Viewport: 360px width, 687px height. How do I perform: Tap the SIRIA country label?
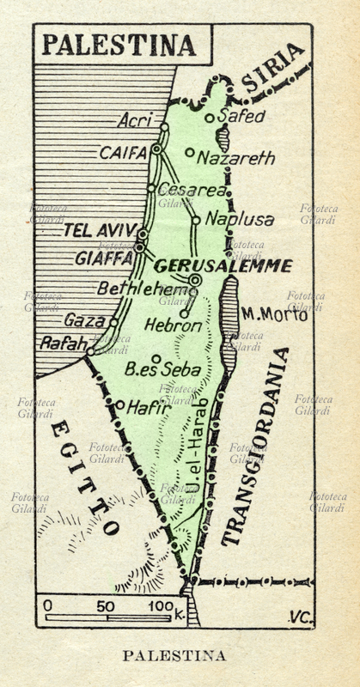273,68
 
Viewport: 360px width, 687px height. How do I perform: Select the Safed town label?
242,116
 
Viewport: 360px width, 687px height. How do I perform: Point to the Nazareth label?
235,158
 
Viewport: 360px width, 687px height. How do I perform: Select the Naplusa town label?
240,220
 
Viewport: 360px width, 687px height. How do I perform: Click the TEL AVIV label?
98,229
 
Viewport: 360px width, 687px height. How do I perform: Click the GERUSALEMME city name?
223,265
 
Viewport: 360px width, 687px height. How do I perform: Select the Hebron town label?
173,325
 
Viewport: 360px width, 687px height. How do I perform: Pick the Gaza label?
84,320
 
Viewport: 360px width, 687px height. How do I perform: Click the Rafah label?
63,343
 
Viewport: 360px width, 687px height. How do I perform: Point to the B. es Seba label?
162,370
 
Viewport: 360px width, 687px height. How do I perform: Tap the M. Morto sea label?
274,314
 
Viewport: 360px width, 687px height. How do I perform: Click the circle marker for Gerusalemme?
195,280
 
